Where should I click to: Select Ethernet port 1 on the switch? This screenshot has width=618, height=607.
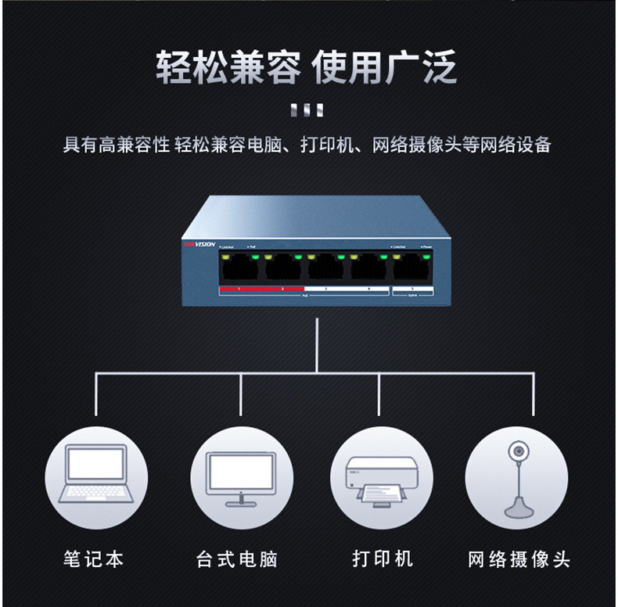pos(239,269)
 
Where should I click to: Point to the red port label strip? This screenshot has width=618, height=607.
pos(261,289)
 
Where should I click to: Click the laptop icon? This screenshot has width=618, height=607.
pos(95,472)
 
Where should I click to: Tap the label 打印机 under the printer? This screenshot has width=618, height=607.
pos(383,559)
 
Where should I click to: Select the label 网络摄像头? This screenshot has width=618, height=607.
pos(519,559)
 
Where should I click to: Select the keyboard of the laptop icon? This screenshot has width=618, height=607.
pos(95,492)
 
